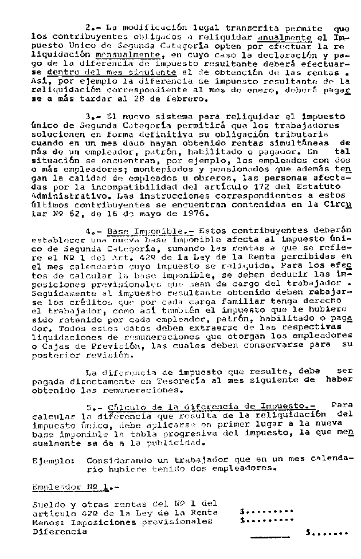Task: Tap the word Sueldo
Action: [48, 505]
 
